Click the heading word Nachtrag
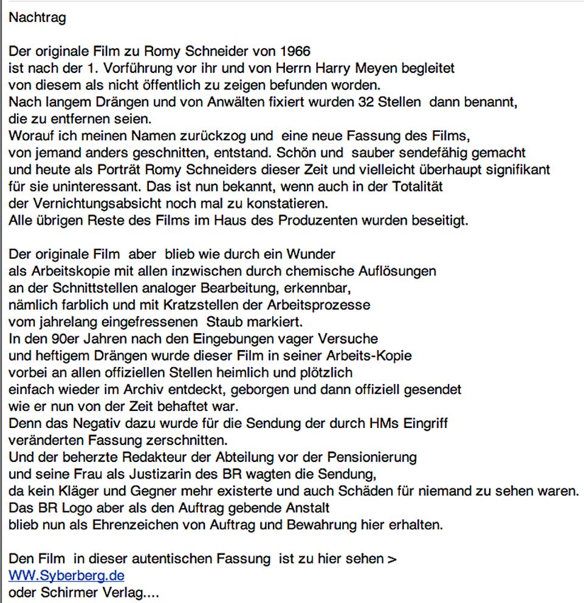click(37, 18)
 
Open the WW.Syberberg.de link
click(66, 574)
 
